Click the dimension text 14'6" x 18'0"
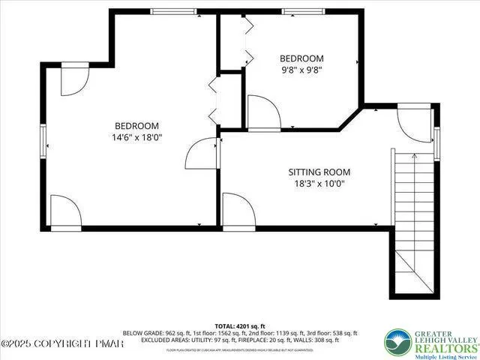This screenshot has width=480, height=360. pyautogui.click(x=136, y=138)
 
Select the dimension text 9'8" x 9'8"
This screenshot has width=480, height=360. pyautogui.click(x=301, y=71)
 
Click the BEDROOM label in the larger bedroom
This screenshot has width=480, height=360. pyautogui.click(x=136, y=126)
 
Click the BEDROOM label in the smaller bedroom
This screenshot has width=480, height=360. pyautogui.click(x=301, y=58)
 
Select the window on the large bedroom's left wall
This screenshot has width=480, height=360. pyautogui.click(x=43, y=138)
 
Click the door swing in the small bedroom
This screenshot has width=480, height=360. pyautogui.click(x=263, y=112)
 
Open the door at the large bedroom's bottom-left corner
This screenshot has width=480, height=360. pyautogui.click(x=66, y=210)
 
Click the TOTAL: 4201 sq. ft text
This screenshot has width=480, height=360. pyautogui.click(x=240, y=326)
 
